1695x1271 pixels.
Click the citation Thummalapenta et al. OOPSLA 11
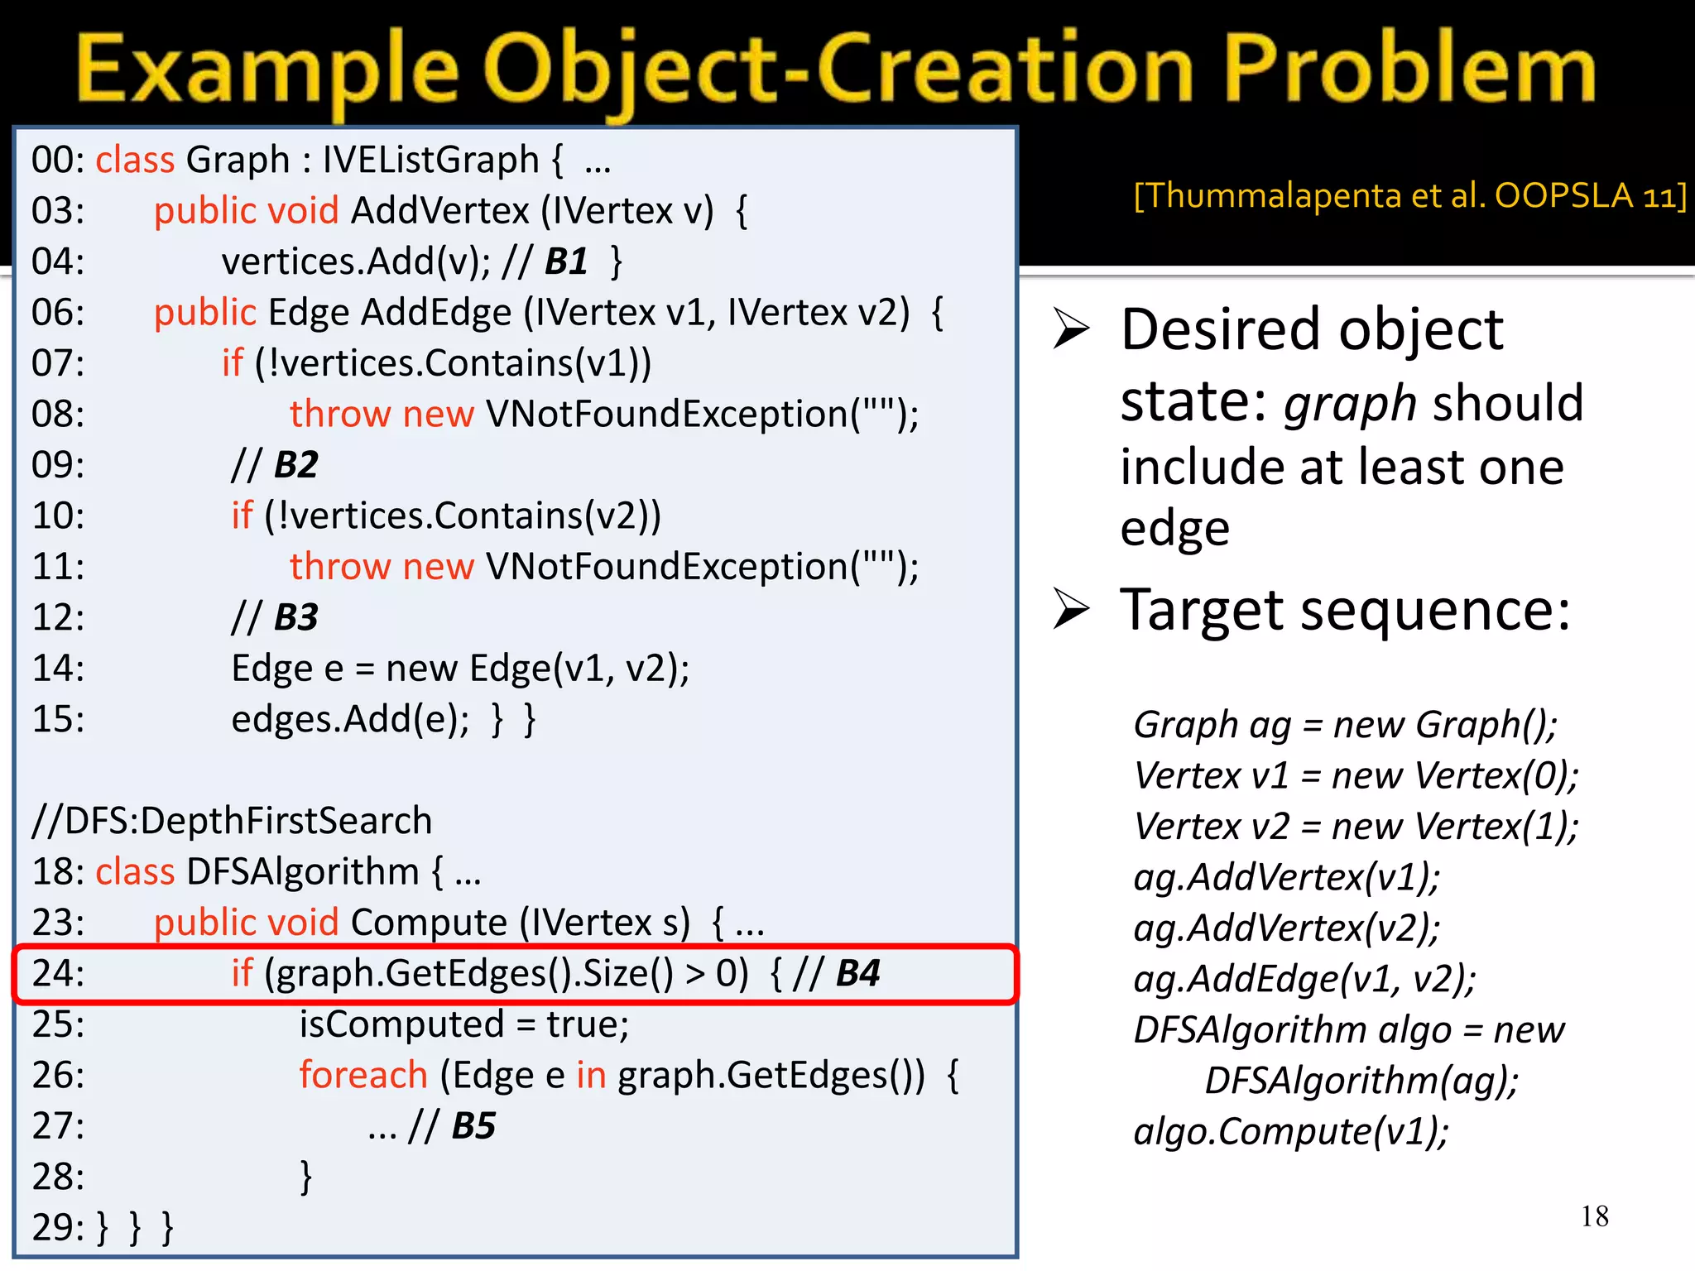[x=1409, y=196]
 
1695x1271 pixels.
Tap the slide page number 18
[x=1594, y=1216]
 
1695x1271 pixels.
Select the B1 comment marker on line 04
[x=566, y=261]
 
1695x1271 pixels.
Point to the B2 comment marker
[x=295, y=465]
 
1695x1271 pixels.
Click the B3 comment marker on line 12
[x=295, y=617]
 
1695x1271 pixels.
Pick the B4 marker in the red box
[x=857, y=973]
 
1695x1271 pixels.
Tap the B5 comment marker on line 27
[x=473, y=1125]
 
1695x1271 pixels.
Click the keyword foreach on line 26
[x=363, y=1075]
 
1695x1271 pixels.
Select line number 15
[x=58, y=719]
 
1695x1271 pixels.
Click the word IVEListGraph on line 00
[x=430, y=160]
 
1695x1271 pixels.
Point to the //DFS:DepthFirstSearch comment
[x=232, y=821]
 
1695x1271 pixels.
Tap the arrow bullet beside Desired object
[x=1072, y=329]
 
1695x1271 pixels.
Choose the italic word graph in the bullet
[x=1351, y=404]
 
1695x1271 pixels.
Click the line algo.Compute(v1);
[x=1291, y=1131]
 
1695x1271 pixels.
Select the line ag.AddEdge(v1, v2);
[x=1304, y=979]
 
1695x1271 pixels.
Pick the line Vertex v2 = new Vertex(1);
[x=1356, y=826]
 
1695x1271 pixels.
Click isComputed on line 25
[x=401, y=1024]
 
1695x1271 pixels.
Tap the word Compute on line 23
[x=429, y=922]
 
